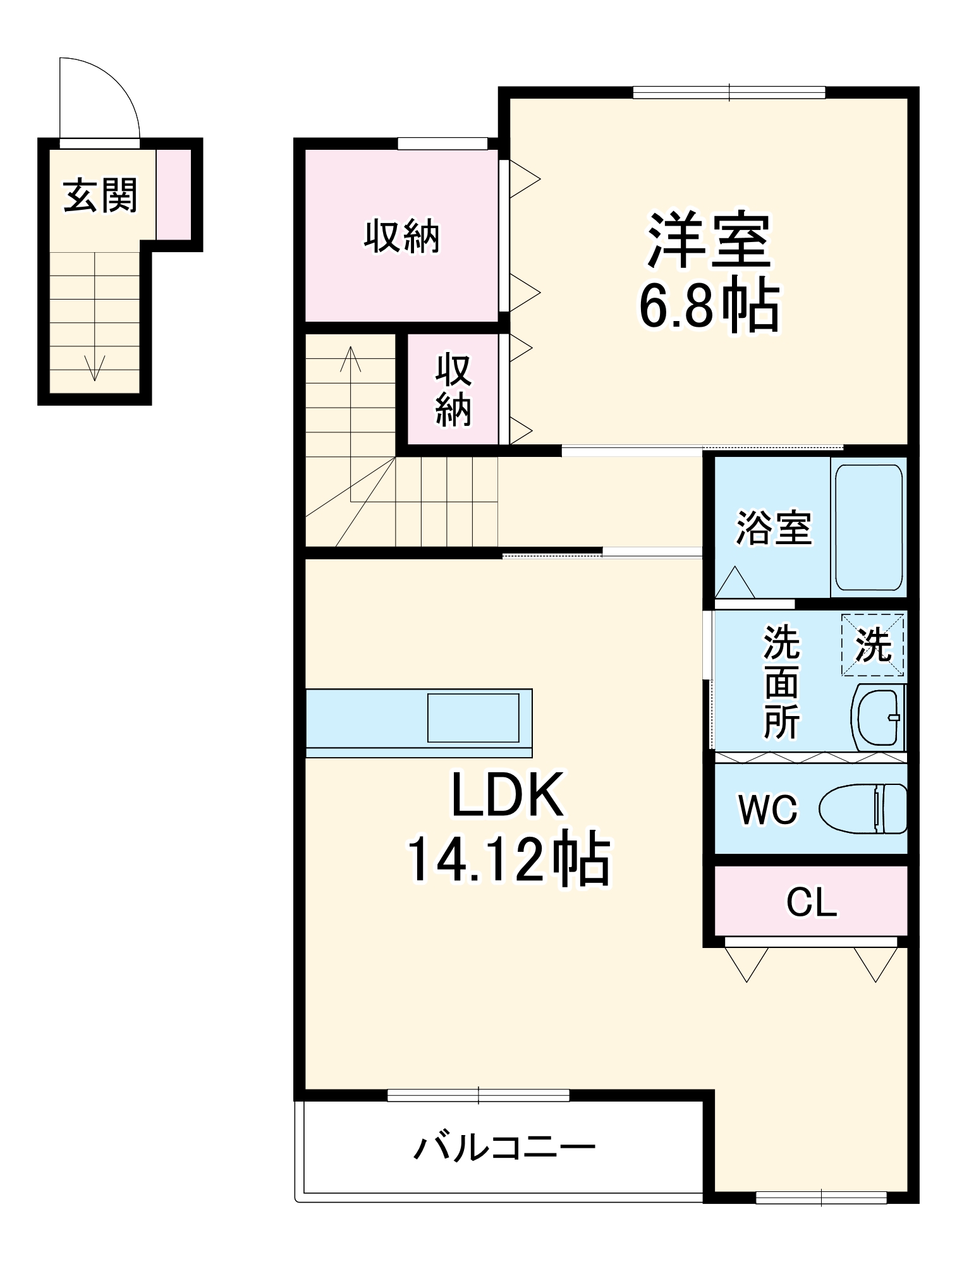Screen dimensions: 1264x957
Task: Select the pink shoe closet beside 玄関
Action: coord(173,194)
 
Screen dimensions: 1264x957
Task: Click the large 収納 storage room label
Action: coord(401,237)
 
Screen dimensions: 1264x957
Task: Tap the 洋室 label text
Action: coord(708,241)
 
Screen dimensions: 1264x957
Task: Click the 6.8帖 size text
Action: coord(708,307)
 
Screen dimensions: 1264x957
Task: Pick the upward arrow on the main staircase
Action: coord(351,360)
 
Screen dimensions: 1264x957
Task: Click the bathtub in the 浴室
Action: coord(869,528)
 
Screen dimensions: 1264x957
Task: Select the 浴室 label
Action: coord(773,528)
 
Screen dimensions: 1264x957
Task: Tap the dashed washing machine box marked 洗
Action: coord(872,645)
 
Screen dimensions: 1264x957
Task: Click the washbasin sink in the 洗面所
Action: coord(877,717)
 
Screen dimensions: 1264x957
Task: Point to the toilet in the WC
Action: coord(863,809)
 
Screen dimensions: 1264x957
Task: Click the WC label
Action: coord(769,809)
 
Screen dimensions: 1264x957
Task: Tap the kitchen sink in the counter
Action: coord(473,717)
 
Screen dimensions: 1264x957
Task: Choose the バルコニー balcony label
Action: coord(504,1147)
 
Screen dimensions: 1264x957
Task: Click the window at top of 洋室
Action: coord(728,93)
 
